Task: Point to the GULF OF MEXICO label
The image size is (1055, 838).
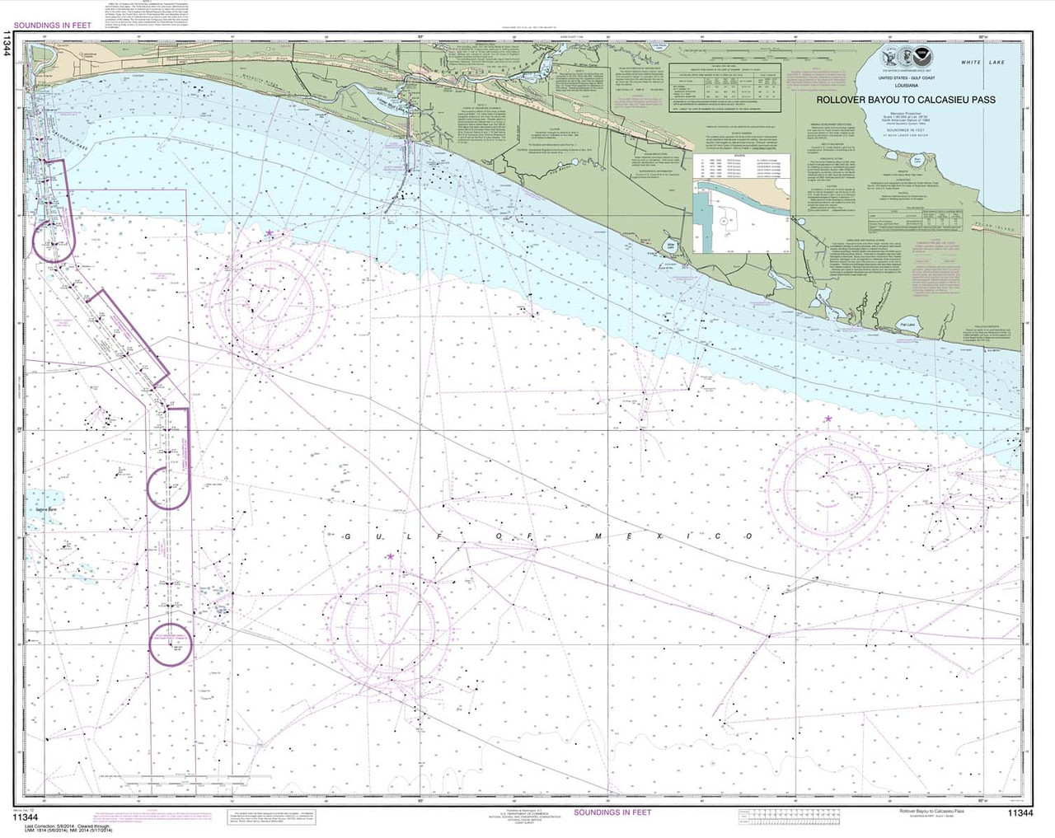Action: (x=539, y=536)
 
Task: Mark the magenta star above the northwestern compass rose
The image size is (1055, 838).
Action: (x=269, y=234)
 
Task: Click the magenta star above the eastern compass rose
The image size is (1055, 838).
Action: (x=827, y=419)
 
